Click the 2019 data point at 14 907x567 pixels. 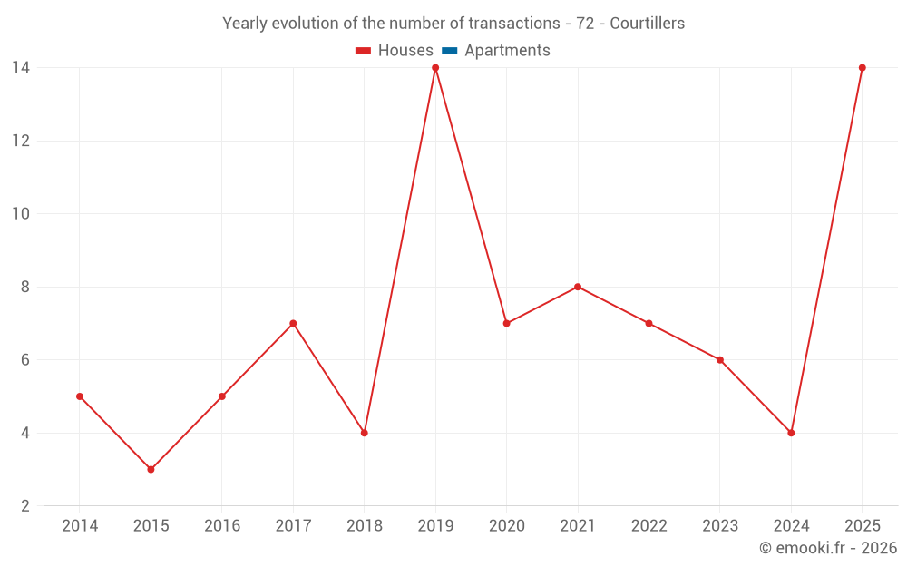pos(435,68)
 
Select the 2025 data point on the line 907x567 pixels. pos(862,68)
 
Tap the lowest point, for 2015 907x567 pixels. pos(151,469)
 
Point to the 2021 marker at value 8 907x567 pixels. pos(578,287)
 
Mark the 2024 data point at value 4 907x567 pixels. pos(791,433)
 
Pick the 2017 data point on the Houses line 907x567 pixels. pos(293,324)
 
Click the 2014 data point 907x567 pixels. pos(80,396)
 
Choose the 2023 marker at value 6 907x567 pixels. pos(719,360)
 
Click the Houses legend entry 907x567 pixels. pos(394,50)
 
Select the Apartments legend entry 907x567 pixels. pos(496,50)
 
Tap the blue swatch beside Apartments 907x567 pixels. pos(450,50)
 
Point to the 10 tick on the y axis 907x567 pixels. pos(21,213)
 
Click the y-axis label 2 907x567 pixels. pos(24,505)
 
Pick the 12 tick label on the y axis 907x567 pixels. pos(21,141)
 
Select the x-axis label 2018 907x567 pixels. pos(365,525)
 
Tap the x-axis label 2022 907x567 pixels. pos(649,525)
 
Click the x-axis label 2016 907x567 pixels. pos(222,525)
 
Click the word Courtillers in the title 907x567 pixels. pos(648,24)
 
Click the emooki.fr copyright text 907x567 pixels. pos(828,547)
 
